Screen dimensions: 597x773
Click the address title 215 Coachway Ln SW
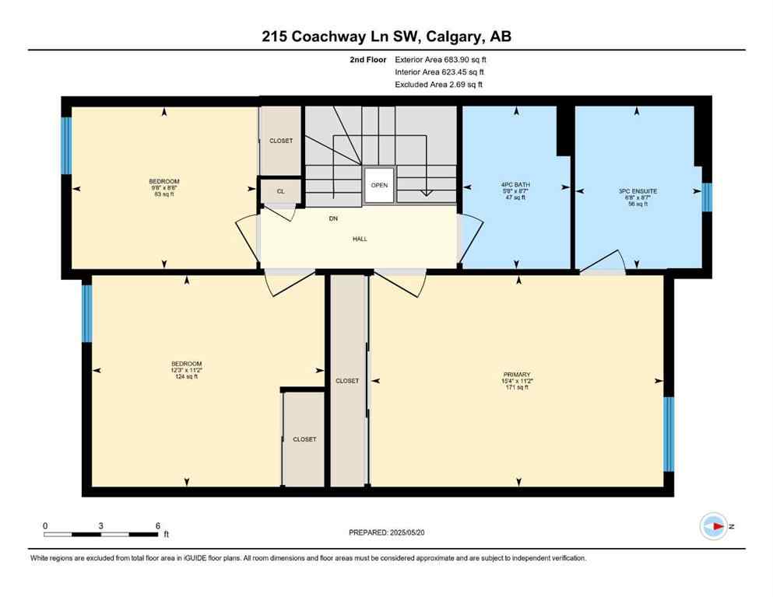[385, 36]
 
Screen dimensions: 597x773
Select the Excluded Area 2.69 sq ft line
[438, 85]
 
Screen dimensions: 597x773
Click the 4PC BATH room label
[514, 185]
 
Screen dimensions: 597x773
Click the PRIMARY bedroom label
[516, 375]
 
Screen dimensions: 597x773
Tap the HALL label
[358, 239]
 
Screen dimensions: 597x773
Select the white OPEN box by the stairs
[379, 185]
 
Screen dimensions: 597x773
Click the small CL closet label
[280, 190]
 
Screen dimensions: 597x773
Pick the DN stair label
[333, 219]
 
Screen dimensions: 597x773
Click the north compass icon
[713, 526]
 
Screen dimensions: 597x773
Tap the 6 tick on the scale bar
[157, 525]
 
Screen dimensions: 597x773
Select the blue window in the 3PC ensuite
[707, 197]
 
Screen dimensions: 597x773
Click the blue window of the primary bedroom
[668, 434]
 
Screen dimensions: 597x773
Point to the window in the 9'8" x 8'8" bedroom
[66, 145]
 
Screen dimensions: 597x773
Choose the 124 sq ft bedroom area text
[186, 377]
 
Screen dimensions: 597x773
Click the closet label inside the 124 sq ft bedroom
[304, 439]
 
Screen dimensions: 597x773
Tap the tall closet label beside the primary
[347, 381]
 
